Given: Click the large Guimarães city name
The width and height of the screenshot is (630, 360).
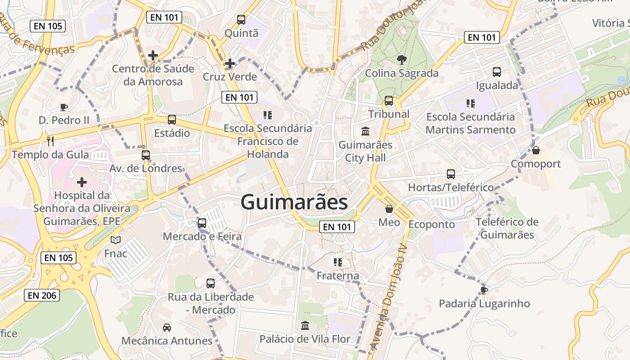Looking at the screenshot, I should click(x=294, y=202).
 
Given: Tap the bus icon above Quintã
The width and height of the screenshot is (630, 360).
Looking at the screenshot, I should click(x=241, y=20).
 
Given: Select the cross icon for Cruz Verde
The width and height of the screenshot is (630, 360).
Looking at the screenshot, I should click(x=230, y=63).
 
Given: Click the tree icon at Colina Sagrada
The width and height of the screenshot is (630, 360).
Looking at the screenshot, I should click(x=401, y=59).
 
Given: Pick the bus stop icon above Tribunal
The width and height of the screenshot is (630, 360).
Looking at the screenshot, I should click(x=389, y=101).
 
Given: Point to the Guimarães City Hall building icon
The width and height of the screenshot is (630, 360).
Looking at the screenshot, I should click(x=365, y=131).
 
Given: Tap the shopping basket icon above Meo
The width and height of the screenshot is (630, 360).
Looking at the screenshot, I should click(x=389, y=209).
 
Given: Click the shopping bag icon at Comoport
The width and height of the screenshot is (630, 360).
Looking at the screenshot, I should click(x=535, y=150).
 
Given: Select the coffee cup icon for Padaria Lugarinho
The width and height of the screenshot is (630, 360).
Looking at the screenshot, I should click(x=484, y=290).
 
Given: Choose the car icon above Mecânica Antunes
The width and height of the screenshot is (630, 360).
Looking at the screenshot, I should click(x=167, y=327).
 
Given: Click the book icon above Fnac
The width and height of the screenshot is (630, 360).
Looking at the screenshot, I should click(x=116, y=240).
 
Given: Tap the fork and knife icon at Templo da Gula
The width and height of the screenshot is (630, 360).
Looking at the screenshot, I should click(x=50, y=141).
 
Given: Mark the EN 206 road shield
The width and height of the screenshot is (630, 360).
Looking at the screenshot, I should click(x=42, y=295).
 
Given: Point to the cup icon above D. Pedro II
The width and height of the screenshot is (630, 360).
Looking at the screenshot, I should click(x=63, y=107).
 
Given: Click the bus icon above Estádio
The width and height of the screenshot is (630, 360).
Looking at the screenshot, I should click(x=172, y=120).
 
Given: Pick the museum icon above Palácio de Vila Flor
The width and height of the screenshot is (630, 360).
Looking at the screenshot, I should click(x=305, y=325).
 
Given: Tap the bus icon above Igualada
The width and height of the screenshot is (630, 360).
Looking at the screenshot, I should click(x=497, y=72).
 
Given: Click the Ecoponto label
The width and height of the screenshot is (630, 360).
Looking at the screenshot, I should click(x=432, y=224).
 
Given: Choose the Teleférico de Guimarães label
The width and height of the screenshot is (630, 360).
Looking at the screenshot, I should click(x=507, y=228).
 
